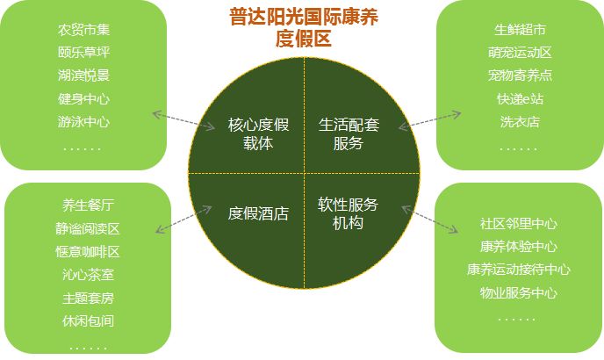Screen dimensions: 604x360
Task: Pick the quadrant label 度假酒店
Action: pos(257,212)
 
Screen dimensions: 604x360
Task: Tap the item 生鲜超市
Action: pos(520,31)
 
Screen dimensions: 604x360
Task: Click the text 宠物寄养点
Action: pos(520,76)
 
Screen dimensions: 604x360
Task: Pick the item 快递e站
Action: pos(520,99)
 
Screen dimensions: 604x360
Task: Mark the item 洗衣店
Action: pos(520,121)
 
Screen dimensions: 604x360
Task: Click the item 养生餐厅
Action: pos(88,205)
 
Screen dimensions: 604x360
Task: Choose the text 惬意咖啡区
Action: pos(88,252)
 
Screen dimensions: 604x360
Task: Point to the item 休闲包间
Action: pos(88,321)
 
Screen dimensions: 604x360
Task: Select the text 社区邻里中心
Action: pos(519,223)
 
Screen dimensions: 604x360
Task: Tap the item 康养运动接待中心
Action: pos(519,270)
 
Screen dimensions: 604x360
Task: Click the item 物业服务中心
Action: pos(519,292)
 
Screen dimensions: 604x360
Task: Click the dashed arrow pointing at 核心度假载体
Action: pos(183,121)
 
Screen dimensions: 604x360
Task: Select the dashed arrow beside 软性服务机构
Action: pos(429,220)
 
